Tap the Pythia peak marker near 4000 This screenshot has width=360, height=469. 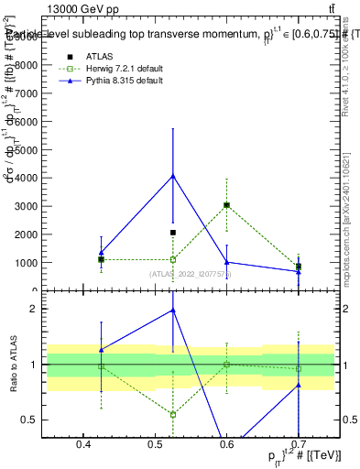[172, 176]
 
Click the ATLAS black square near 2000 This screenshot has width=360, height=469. [172, 233]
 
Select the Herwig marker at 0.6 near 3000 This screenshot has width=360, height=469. [226, 205]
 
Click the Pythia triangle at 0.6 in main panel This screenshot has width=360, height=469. [226, 262]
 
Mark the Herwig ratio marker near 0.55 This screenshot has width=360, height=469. [172, 414]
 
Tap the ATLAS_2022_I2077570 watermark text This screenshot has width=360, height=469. [191, 274]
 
